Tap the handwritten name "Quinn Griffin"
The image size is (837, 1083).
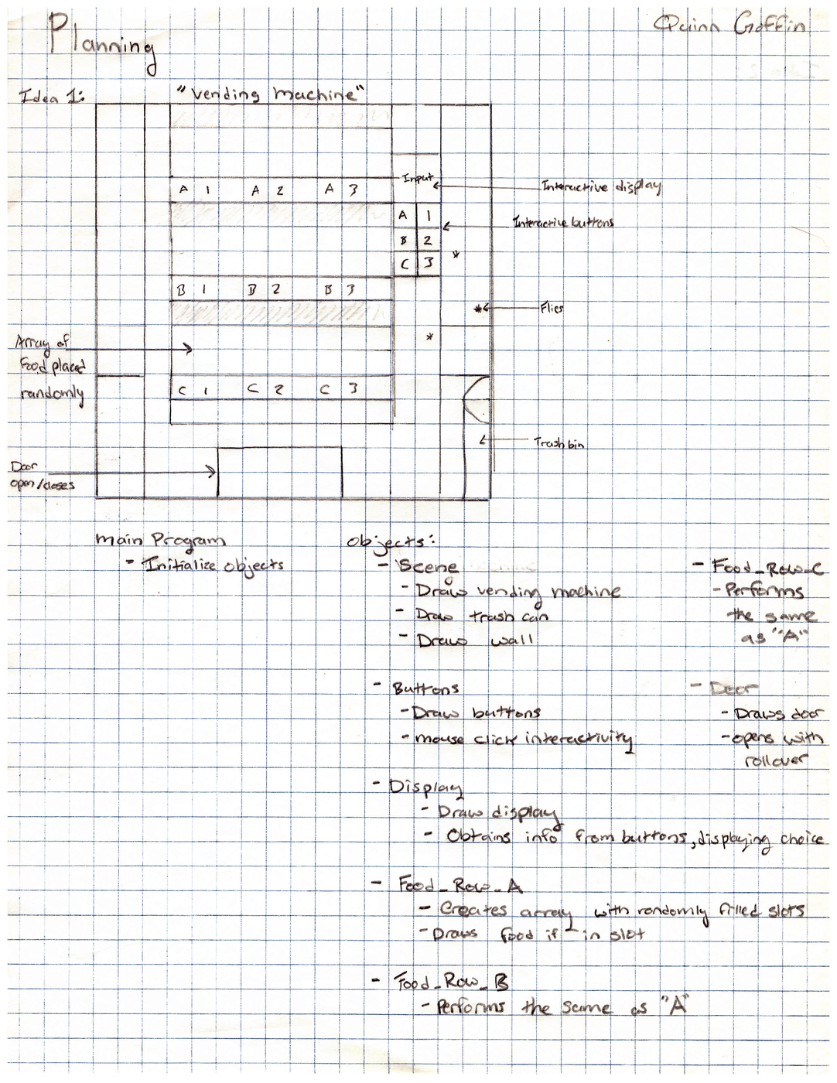pos(729,27)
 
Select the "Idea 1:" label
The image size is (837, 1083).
pos(52,97)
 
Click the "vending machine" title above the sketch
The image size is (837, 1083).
pos(270,95)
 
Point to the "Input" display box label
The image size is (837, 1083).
pos(417,179)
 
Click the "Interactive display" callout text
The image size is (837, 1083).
pos(601,186)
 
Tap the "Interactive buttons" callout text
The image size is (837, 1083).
pos(564,223)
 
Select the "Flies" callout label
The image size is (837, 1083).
pos(552,309)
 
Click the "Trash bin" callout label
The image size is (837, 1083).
pos(559,443)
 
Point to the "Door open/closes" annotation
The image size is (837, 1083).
pos(42,477)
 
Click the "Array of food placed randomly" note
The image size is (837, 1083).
pos(51,367)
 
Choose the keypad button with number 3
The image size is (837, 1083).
pos(428,264)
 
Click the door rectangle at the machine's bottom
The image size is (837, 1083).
pos(279,471)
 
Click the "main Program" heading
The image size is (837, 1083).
pos(161,541)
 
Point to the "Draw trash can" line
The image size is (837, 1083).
pos(481,616)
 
